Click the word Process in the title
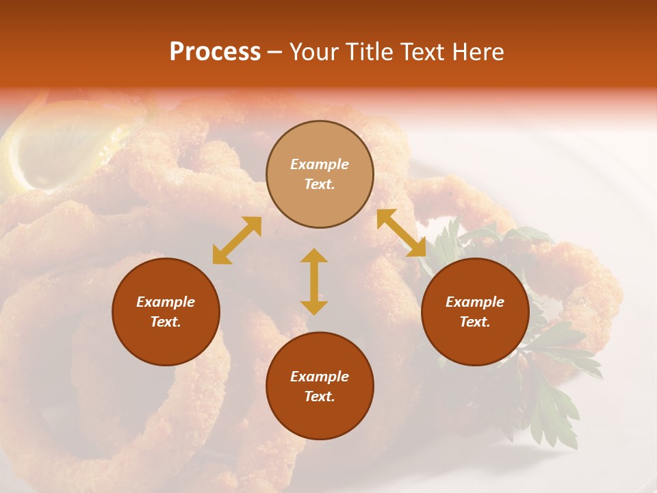click(x=215, y=52)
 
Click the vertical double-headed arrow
click(x=314, y=282)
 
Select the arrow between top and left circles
click(x=237, y=240)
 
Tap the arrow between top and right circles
click(x=401, y=233)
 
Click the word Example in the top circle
click(x=320, y=164)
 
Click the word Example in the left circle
click(x=166, y=302)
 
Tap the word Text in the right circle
click(x=475, y=322)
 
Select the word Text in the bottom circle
click(x=320, y=396)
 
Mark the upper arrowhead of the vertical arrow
click(x=314, y=256)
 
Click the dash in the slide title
click(x=274, y=52)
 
